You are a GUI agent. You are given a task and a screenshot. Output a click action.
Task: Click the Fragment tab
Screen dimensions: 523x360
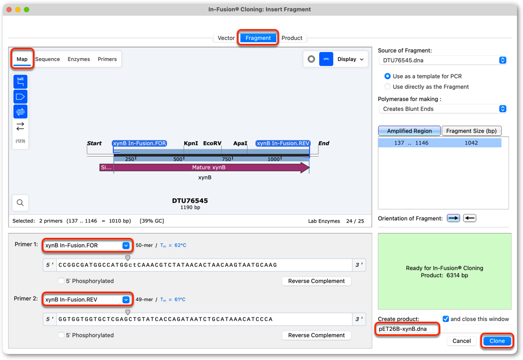pos(258,38)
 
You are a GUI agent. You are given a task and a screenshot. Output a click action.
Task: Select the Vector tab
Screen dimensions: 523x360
pos(226,38)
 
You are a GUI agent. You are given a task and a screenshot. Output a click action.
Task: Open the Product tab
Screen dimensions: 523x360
pos(292,38)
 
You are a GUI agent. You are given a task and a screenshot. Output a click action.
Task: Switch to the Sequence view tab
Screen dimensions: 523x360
pos(47,59)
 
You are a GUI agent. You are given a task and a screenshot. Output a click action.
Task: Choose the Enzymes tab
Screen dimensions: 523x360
pos(79,59)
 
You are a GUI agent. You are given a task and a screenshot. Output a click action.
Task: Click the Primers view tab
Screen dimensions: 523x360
pos(107,59)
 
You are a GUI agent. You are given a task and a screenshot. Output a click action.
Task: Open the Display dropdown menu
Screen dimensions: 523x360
pos(350,59)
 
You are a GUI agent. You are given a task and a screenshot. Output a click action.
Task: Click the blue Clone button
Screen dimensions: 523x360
pos(497,341)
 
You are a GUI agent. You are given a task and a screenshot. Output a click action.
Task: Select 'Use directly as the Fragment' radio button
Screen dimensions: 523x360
pos(387,87)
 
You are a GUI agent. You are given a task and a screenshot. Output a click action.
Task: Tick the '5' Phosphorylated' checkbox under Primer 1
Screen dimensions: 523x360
pos(61,281)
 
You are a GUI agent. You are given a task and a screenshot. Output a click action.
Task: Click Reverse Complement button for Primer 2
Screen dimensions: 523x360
pos(316,335)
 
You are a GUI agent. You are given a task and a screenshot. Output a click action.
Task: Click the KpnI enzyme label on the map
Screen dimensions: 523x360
pos(191,144)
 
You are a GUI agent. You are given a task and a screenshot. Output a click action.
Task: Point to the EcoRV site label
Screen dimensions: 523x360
pos(212,144)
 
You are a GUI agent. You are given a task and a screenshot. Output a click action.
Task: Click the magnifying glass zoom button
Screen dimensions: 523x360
pos(20,203)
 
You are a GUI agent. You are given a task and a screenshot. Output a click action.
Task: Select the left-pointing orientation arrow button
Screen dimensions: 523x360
pos(469,218)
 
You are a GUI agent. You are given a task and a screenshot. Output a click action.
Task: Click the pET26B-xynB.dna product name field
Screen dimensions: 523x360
pos(407,329)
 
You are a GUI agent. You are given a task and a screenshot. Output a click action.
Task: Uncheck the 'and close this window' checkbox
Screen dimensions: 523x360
pos(446,319)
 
